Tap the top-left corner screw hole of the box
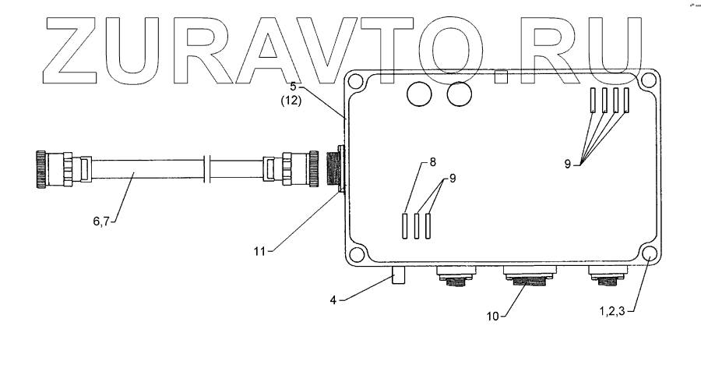(356, 80)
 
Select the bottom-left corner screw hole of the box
(356, 254)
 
